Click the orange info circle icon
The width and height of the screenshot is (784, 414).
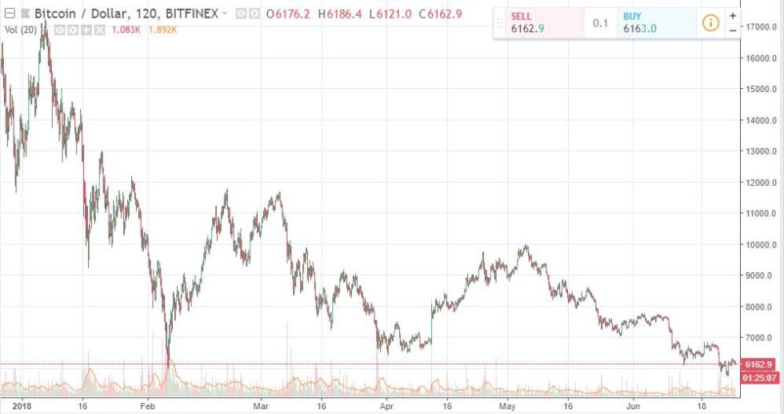click(710, 22)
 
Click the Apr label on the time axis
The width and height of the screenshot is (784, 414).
click(386, 406)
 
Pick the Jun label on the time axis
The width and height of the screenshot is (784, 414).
click(632, 406)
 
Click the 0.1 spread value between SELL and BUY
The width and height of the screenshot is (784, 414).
click(601, 22)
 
